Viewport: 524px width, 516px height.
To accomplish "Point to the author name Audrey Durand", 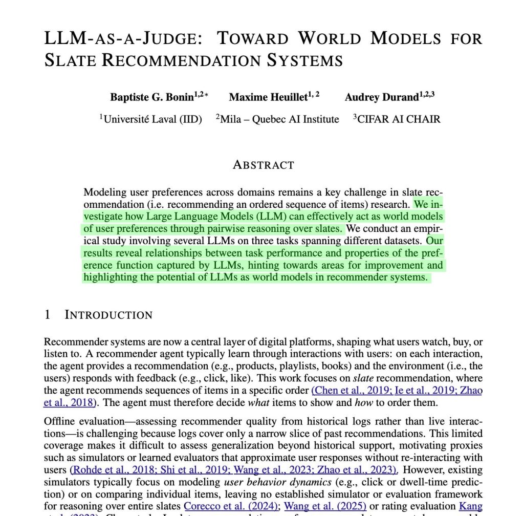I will coord(382,97).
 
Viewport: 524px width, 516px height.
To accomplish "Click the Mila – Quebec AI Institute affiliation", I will coord(279,119).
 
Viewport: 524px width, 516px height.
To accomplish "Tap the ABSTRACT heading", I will coord(264,165).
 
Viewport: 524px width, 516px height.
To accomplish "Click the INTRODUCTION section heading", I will coord(108,315).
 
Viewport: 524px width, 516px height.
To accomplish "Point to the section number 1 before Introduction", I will coord(48,315).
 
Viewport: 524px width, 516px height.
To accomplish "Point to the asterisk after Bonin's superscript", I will coord(206,95).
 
